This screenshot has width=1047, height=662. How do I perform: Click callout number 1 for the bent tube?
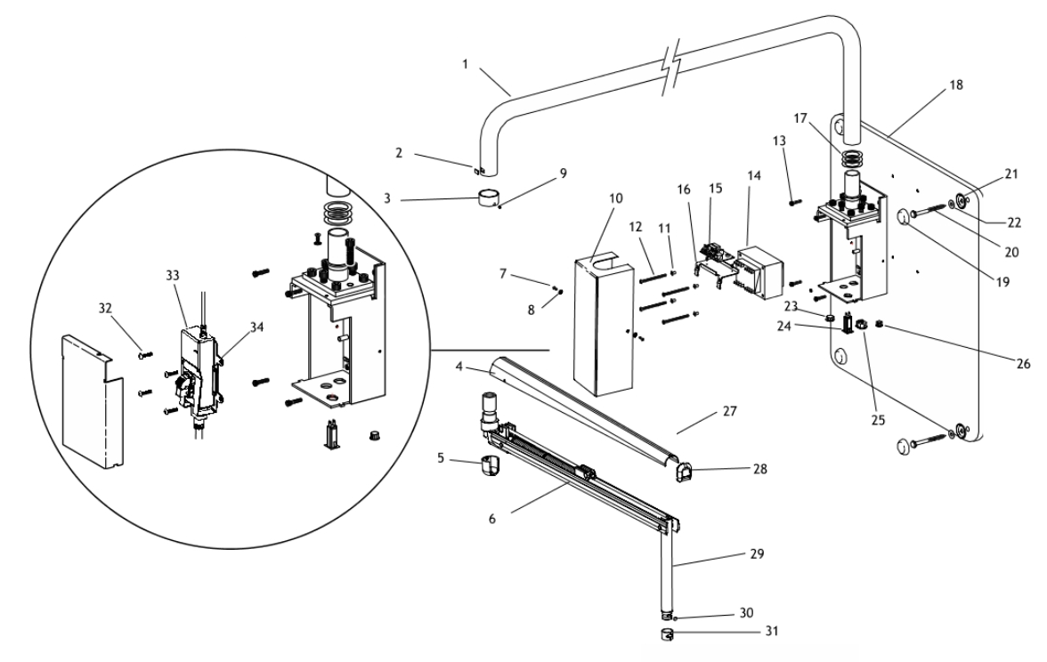click(x=465, y=64)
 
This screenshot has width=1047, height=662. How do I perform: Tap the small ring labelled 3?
click(x=490, y=199)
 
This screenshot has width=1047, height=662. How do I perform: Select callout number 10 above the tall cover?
click(x=616, y=198)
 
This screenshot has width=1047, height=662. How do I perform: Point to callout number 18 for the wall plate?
click(x=956, y=85)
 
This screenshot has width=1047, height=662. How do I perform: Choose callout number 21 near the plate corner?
click(x=1011, y=174)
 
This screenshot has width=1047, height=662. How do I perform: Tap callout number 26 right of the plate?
click(x=1024, y=364)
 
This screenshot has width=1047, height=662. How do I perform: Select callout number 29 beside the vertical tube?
click(x=757, y=553)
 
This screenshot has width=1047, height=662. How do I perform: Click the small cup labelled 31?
click(x=669, y=634)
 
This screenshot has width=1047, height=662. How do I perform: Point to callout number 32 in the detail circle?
click(x=105, y=308)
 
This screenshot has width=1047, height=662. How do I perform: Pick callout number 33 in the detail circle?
click(x=173, y=274)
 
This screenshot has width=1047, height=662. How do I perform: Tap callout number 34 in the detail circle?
click(x=257, y=327)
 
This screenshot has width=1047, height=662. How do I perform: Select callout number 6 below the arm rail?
click(x=492, y=519)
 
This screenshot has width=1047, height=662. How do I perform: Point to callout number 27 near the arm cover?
click(x=730, y=410)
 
